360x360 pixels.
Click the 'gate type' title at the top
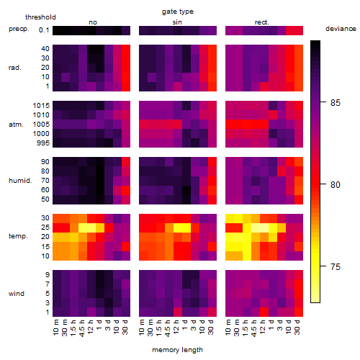[178, 12]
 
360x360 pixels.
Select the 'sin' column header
[177, 22]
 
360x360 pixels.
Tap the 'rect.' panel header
[261, 22]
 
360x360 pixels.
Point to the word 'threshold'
[40, 17]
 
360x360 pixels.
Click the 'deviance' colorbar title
[341, 29]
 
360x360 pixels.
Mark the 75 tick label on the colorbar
[336, 267]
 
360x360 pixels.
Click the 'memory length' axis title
[177, 350]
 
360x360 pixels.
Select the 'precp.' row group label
[19, 29]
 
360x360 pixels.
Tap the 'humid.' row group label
[20, 181]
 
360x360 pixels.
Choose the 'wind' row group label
[17, 294]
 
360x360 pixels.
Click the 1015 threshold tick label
[41, 106]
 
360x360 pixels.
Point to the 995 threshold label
[43, 143]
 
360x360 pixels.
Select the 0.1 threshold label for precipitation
[44, 30]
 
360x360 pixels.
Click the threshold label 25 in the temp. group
[45, 228]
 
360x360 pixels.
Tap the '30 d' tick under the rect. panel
[297, 327]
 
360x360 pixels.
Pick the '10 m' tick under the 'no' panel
[55, 328]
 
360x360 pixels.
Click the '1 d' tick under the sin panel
[185, 325]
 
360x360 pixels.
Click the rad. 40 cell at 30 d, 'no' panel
[126, 49]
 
